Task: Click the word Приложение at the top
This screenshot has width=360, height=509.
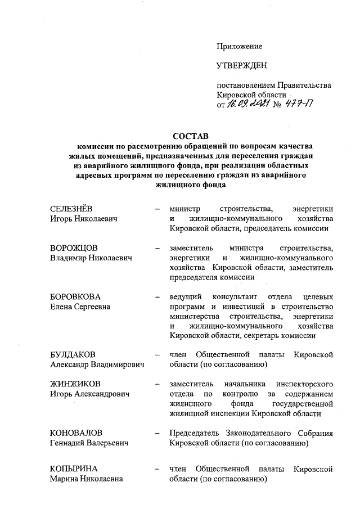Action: point(240,46)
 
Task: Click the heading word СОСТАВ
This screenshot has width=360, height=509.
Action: point(190,137)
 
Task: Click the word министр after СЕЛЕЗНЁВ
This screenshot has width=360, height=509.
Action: point(185,209)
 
